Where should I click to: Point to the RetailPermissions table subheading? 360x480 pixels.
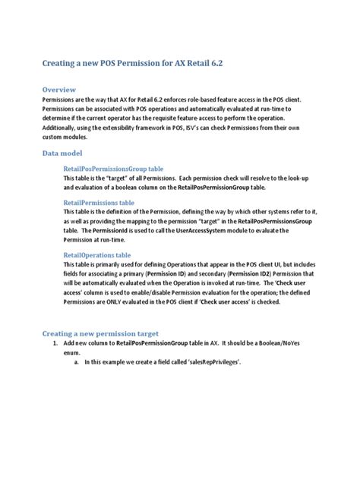click(99, 203)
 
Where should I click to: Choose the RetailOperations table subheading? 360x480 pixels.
click(98, 255)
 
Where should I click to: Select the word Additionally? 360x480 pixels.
click(63, 128)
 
